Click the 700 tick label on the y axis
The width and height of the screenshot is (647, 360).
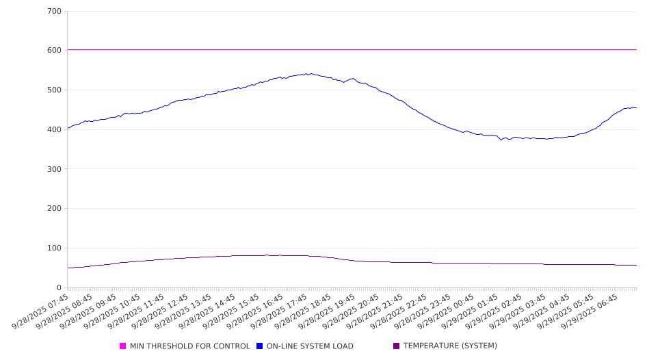tap(55, 12)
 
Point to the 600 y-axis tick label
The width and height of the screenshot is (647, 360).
tap(55, 51)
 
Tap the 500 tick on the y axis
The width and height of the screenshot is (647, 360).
tap(55, 90)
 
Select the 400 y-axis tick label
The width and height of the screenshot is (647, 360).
tap(55, 130)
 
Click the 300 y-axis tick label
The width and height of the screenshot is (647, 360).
tap(55, 169)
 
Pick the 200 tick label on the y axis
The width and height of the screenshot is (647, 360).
tap(55, 209)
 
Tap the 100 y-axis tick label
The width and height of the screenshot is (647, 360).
tap(55, 248)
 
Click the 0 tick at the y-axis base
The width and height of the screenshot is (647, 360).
tap(60, 287)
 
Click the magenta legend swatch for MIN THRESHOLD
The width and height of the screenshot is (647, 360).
tap(123, 346)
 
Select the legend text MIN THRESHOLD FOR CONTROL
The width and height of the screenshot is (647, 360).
tap(189, 346)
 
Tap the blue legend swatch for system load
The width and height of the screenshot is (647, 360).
tap(260, 346)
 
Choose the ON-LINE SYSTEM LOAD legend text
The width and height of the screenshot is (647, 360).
tap(310, 346)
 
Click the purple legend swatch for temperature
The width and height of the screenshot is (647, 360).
tap(397, 346)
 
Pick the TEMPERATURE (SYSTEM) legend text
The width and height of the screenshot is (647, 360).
tap(450, 346)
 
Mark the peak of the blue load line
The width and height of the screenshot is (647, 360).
tap(311, 74)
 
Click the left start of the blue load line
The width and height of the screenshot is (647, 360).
tap(68, 128)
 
